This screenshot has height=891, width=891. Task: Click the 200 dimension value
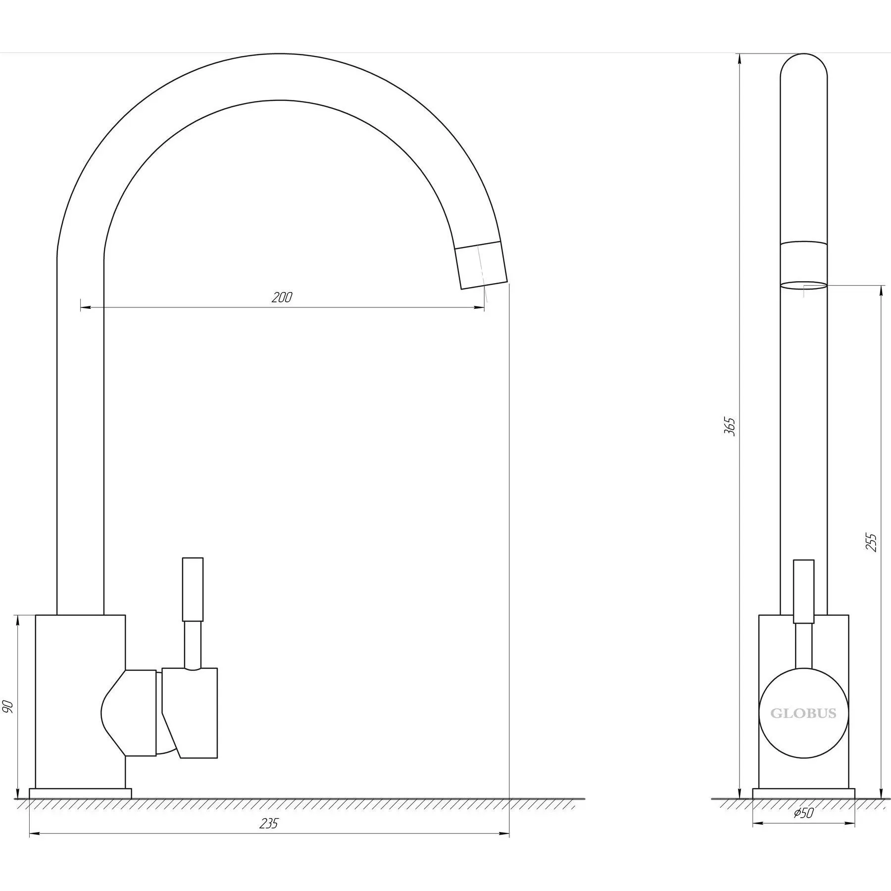pos(282,297)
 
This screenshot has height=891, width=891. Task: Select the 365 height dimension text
pos(730,427)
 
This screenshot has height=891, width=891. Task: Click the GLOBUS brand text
pos(803,713)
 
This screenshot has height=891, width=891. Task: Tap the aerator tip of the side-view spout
pos(803,264)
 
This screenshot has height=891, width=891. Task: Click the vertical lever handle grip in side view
pos(803,592)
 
